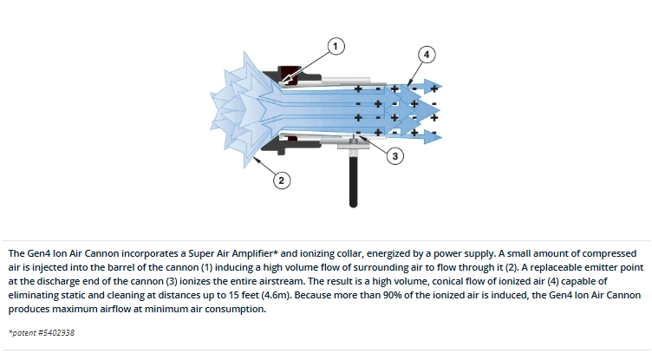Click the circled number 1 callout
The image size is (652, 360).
click(336, 46)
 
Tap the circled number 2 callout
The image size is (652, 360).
click(282, 180)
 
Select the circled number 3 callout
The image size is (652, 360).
click(395, 156)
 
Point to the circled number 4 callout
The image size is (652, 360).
click(427, 55)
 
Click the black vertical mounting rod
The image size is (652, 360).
click(354, 180)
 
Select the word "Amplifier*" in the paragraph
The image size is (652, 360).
click(255, 253)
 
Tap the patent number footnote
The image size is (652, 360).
click(42, 333)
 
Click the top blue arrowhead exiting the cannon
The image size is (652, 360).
click(433, 88)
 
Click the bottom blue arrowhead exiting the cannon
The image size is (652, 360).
click(433, 136)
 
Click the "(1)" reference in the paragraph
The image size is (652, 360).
click(206, 267)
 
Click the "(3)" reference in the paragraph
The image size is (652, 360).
click(172, 281)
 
